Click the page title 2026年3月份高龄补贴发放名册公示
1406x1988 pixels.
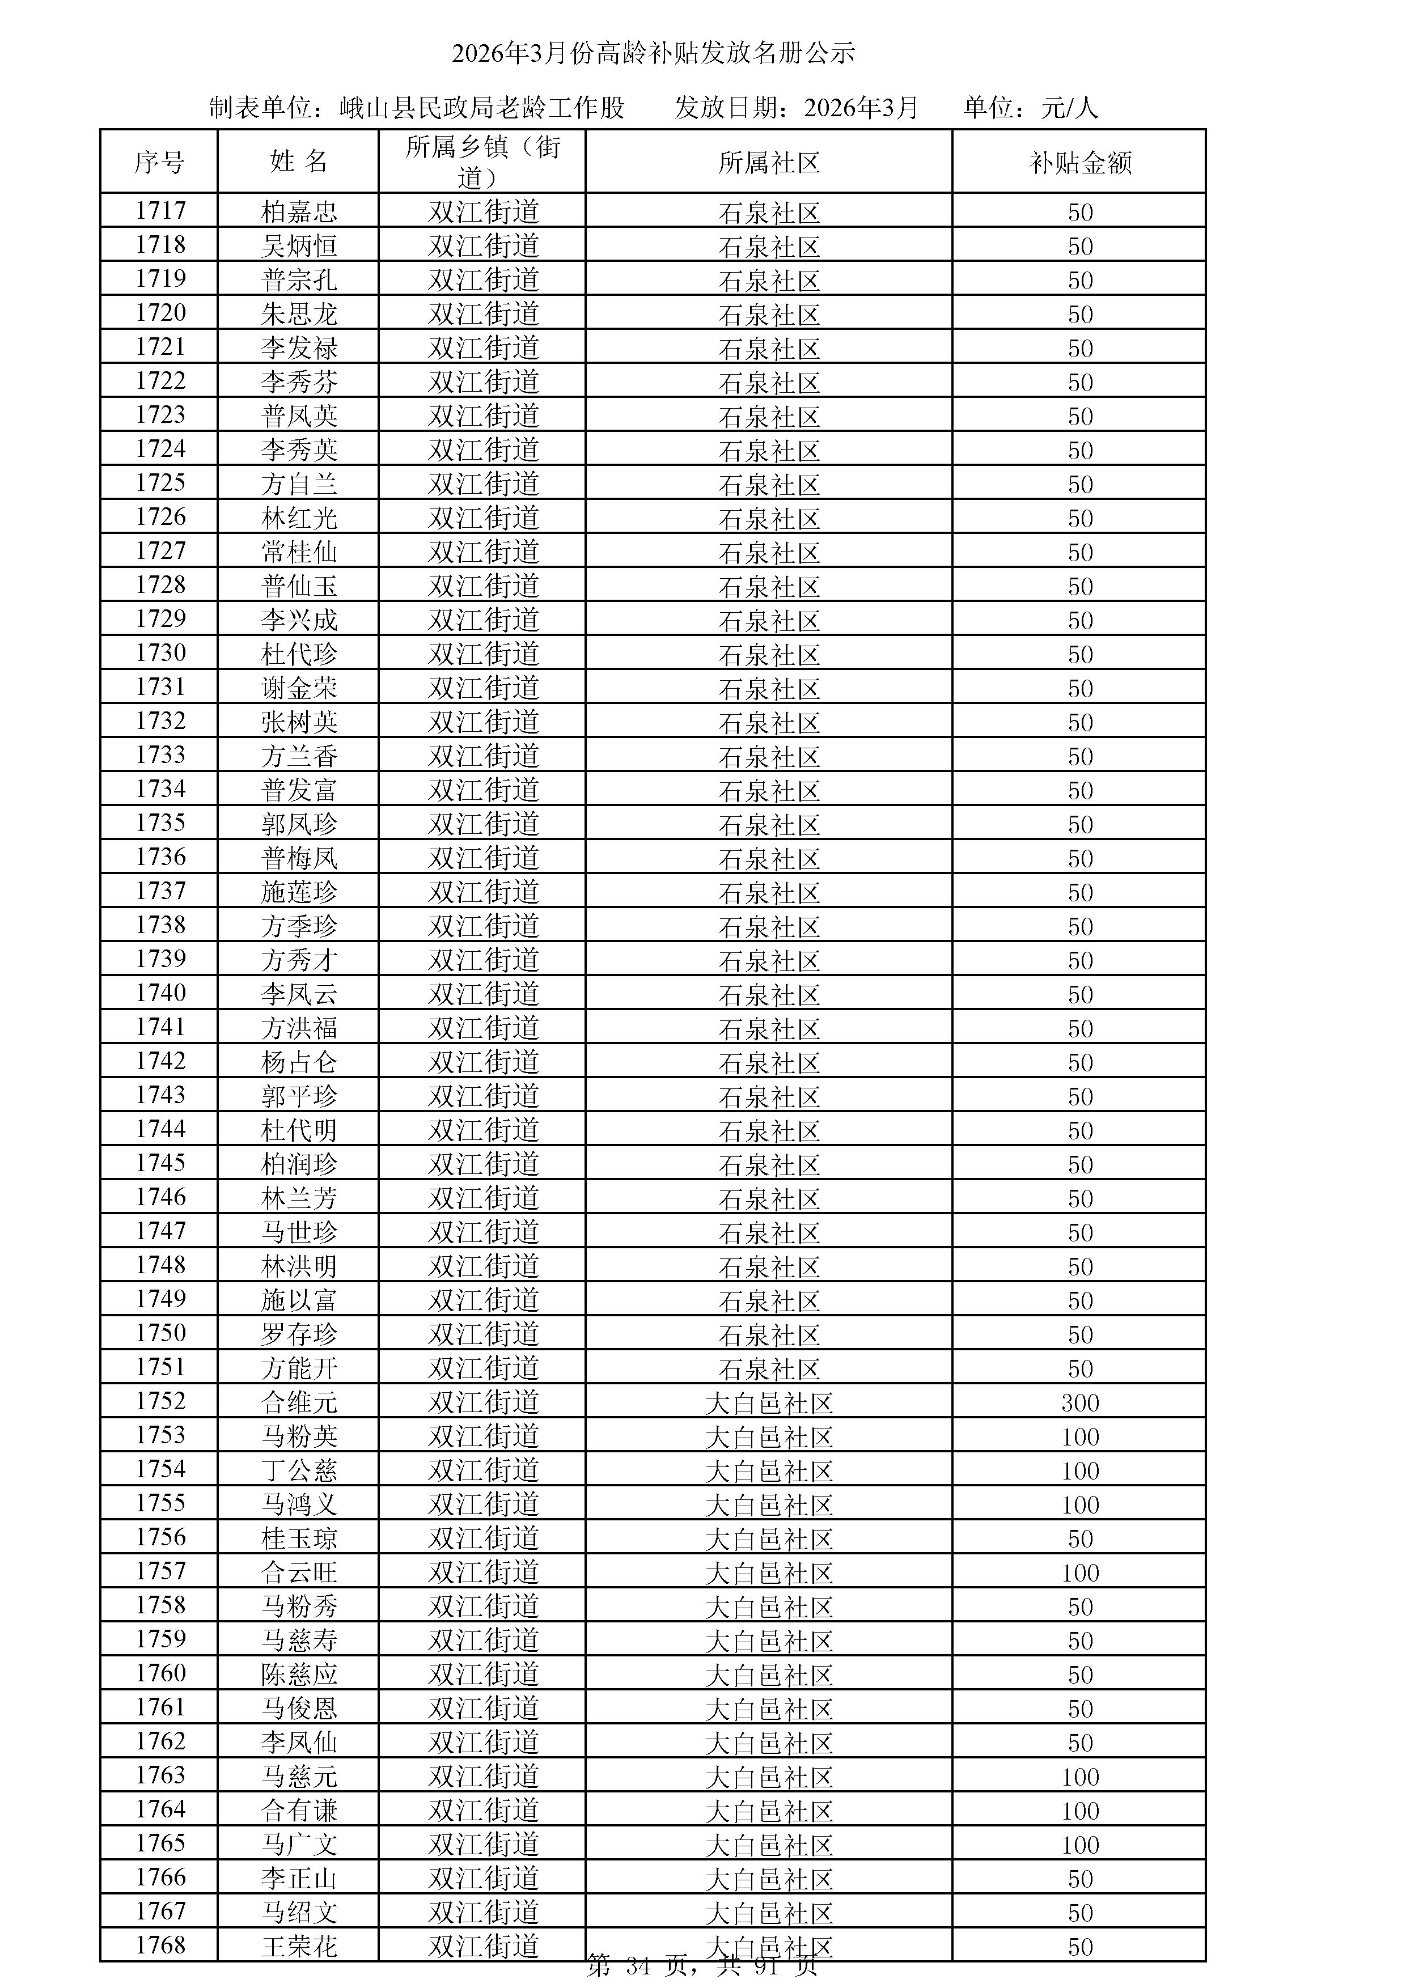tap(654, 54)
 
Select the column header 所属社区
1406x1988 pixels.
tap(769, 163)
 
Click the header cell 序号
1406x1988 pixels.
tap(159, 162)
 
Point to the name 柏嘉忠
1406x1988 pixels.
tap(299, 211)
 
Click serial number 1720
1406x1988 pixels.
tap(160, 312)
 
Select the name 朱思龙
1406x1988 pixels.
tap(299, 313)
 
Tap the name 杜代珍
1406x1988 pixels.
tap(299, 654)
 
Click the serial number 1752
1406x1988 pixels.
tap(160, 1401)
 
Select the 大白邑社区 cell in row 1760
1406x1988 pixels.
tap(769, 1675)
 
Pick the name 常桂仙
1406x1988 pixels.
tap(299, 552)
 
